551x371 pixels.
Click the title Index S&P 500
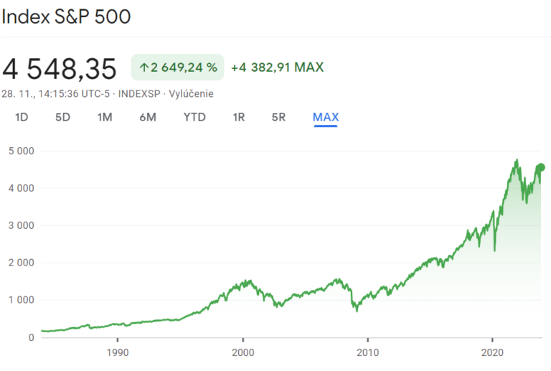coord(66,17)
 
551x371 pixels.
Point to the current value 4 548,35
coord(59,69)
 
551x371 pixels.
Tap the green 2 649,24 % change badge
coord(177,67)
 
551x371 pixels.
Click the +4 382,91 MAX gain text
coord(277,67)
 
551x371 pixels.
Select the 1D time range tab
coord(22,117)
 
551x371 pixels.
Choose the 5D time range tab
coord(62,117)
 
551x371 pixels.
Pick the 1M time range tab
coord(105,117)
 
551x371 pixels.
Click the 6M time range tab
coord(148,117)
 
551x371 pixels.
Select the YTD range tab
coord(194,117)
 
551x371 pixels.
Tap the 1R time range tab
coord(239,117)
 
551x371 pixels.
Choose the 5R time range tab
coord(279,117)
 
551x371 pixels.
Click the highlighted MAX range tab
coord(326,117)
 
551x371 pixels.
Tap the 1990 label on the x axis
coord(118,353)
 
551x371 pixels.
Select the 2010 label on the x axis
coord(367,353)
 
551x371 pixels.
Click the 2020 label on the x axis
coord(492,353)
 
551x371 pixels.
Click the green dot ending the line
coord(540,168)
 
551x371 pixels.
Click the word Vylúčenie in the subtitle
coord(192,93)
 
